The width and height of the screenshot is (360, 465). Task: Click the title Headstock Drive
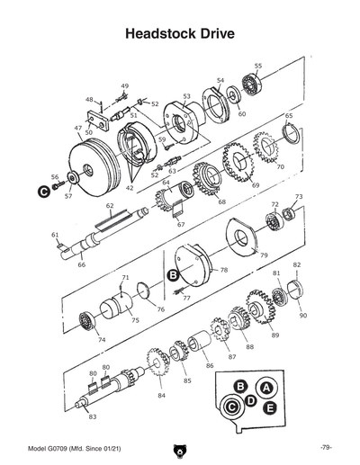(x=180, y=33)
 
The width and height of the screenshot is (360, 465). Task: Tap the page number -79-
(x=326, y=448)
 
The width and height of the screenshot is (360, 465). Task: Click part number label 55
(x=258, y=66)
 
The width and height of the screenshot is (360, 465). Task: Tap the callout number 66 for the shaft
(x=81, y=265)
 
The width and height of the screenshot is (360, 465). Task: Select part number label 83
(x=92, y=416)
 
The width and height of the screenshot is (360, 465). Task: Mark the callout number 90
(x=302, y=316)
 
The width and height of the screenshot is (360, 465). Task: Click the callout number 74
(x=101, y=339)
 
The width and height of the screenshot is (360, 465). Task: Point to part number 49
(x=124, y=85)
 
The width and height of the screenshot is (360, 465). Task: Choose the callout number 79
(x=264, y=255)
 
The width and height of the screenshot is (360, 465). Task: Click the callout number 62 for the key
(x=110, y=206)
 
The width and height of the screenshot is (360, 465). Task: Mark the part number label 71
(x=126, y=278)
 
